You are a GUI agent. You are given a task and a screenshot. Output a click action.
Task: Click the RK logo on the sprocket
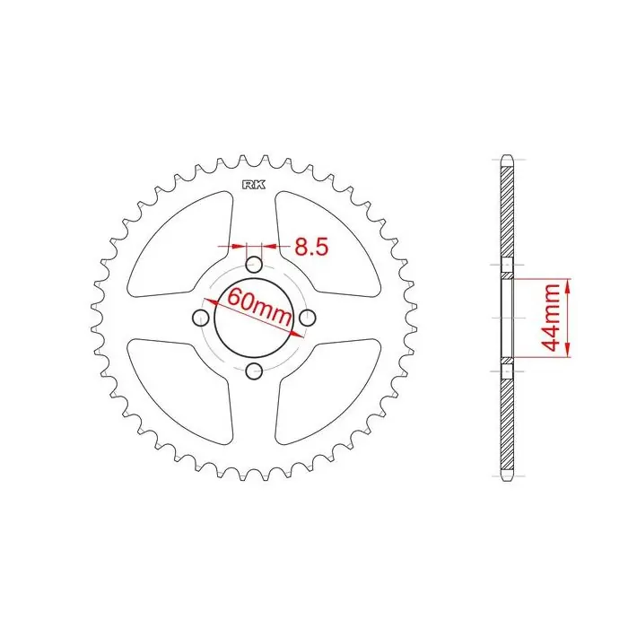pos(254,185)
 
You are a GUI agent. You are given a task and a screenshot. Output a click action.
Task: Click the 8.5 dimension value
pos(311,247)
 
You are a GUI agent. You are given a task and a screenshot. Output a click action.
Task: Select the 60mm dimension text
pos(259,306)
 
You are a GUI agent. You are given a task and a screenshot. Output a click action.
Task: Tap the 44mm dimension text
pos(549,317)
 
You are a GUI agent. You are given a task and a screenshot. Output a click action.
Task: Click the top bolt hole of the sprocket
pos(254,265)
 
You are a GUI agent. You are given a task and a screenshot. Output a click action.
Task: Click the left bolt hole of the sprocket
pos(201,318)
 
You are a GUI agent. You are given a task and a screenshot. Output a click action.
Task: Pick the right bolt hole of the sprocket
pos(308,318)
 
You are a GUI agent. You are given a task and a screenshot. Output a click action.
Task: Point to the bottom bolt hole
pos(254,371)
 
